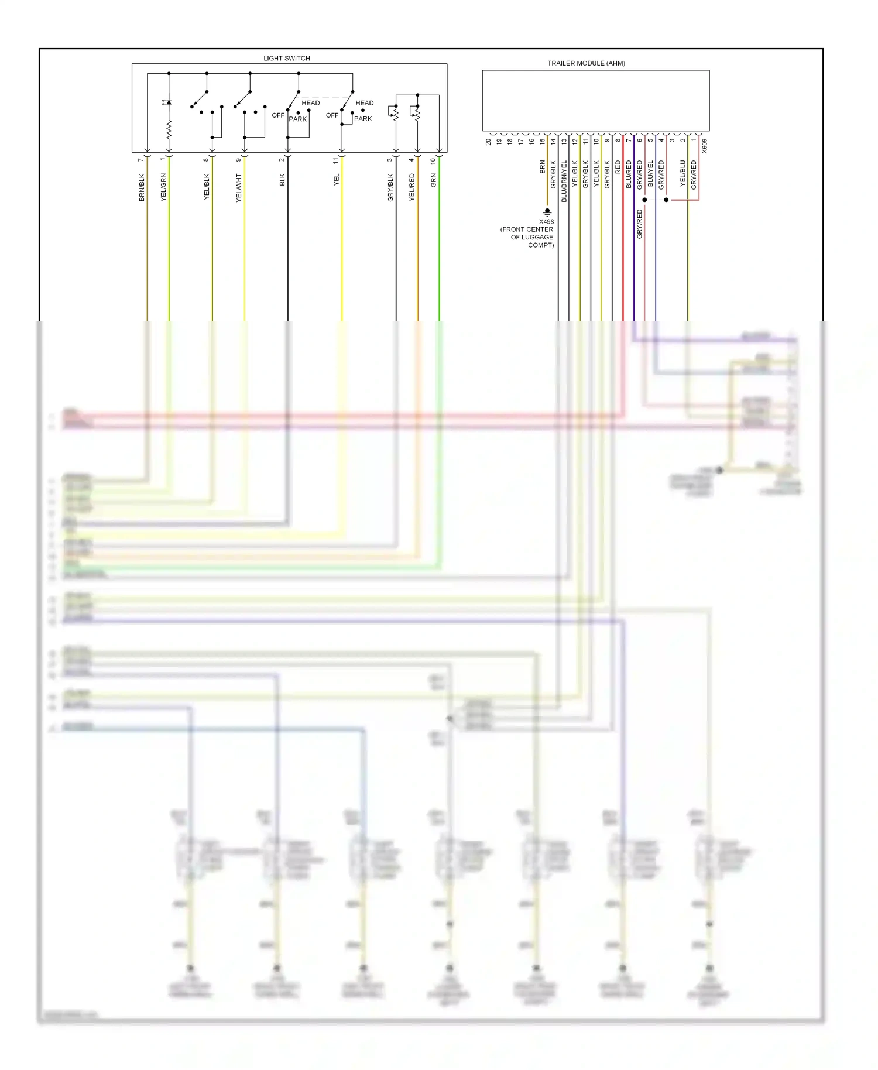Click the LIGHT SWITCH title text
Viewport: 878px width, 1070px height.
pyautogui.click(x=286, y=58)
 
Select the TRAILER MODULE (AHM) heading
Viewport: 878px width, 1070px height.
pyautogui.click(x=586, y=63)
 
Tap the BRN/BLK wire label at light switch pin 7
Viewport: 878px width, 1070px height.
pyautogui.click(x=142, y=187)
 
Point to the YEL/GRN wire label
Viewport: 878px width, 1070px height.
pyautogui.click(x=163, y=187)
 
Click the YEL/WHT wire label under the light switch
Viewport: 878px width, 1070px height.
pyautogui.click(x=239, y=188)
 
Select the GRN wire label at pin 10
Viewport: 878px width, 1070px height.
pyautogui.click(x=434, y=180)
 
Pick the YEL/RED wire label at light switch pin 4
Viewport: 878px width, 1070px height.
pyautogui.click(x=412, y=187)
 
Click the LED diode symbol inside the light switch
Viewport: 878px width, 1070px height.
pyautogui.click(x=168, y=102)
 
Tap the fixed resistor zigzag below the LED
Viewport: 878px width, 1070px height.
pyautogui.click(x=169, y=129)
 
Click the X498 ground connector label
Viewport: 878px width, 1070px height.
pyautogui.click(x=546, y=222)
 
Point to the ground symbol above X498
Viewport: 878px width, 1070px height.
pyautogui.click(x=547, y=211)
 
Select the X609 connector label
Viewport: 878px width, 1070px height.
pyautogui.click(x=705, y=146)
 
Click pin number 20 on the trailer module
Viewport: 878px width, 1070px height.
pyautogui.click(x=488, y=142)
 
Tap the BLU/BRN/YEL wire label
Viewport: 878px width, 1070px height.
pyautogui.click(x=564, y=181)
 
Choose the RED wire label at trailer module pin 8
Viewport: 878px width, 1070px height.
pyautogui.click(x=618, y=167)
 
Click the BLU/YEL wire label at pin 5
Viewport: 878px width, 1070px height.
pyautogui.click(x=650, y=174)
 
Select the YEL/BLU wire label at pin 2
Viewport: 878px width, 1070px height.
pyautogui.click(x=683, y=174)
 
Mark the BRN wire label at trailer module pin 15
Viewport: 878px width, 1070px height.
pyautogui.click(x=543, y=167)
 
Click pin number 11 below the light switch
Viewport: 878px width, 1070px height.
pyautogui.click(x=336, y=160)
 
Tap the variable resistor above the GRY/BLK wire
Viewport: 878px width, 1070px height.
pyautogui.click(x=395, y=114)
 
